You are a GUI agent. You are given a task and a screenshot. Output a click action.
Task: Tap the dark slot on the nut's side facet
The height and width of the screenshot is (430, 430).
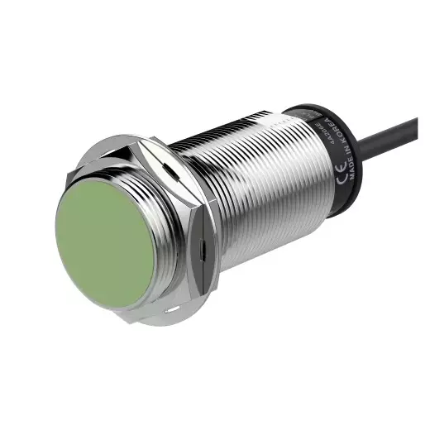tap(203, 244)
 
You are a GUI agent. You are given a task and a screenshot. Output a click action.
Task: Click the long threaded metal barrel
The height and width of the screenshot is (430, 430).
tap(265, 190)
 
